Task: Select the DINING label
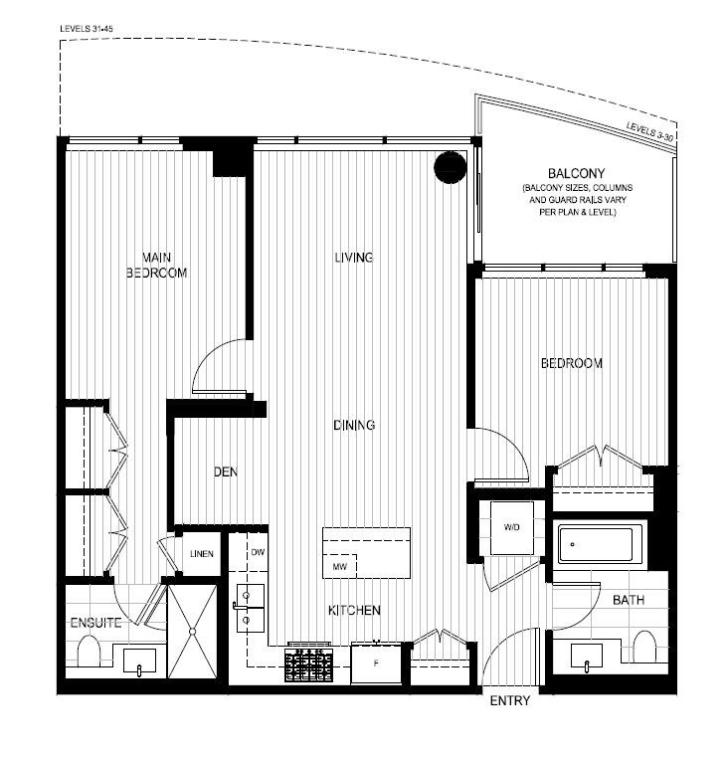[354, 426]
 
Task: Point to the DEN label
[225, 473]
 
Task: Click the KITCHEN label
[354, 610]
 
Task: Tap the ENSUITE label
[95, 624]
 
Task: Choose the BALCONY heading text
[576, 173]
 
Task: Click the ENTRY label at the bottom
[510, 701]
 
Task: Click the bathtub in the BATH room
[595, 545]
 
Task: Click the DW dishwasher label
[258, 552]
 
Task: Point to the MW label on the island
[339, 567]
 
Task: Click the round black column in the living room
[450, 166]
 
